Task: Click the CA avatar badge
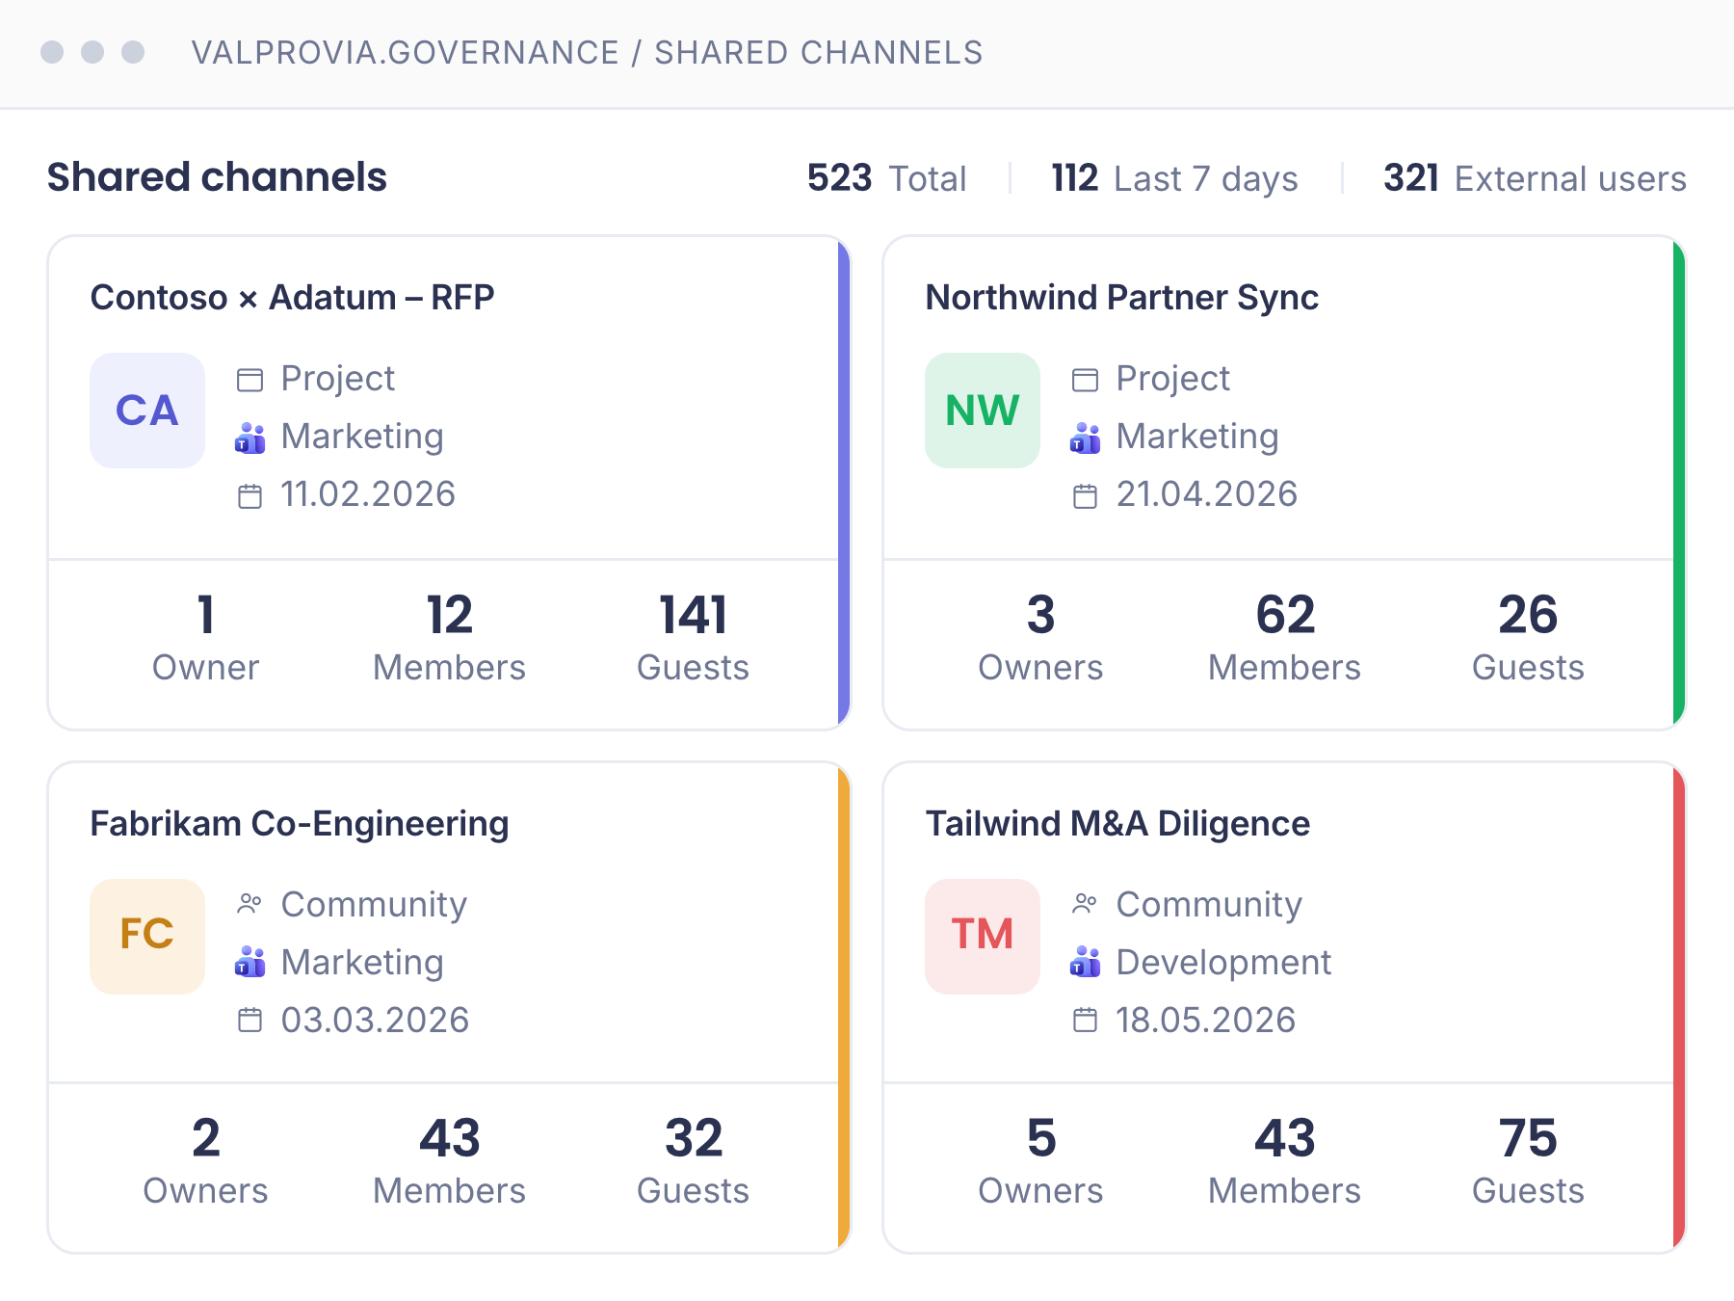147,411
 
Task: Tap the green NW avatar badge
983,411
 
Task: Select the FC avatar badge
147,936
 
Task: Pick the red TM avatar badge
983,936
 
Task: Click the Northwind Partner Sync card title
1122,298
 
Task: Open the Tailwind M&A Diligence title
1117,824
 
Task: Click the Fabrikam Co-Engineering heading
300,824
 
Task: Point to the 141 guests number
694,615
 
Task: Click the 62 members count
1285,615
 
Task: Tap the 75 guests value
1528,1138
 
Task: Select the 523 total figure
839,178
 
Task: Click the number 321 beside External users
1411,178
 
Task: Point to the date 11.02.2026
368,494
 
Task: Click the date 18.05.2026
1206,1020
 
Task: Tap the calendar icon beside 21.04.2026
1085,496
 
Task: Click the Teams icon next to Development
1085,962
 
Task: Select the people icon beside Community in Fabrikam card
250,904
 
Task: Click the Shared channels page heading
217,177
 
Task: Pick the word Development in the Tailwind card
1223,963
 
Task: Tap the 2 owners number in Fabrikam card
206,1138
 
